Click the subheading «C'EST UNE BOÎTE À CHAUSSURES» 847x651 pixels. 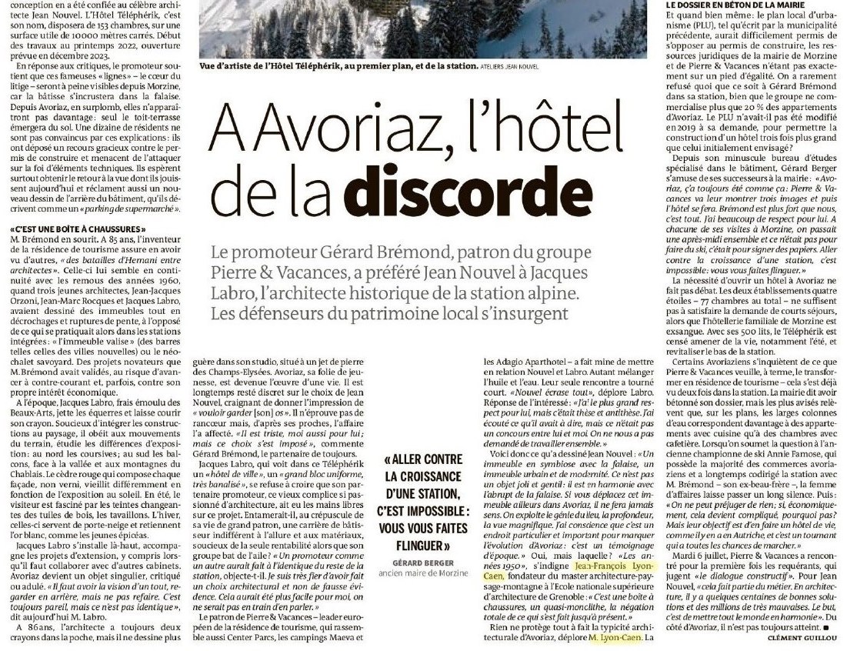[x=78, y=229]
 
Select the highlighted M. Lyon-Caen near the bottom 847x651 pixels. [x=615, y=638]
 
